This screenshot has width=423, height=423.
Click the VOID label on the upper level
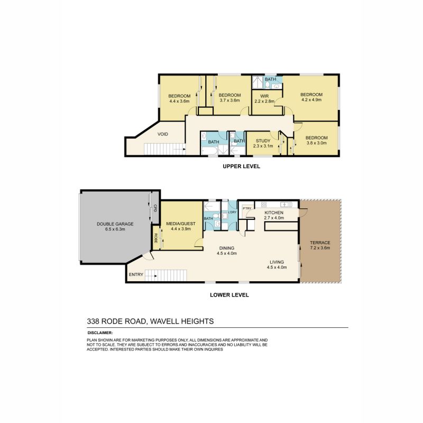[x=163, y=134]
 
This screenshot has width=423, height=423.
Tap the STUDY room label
[x=262, y=141]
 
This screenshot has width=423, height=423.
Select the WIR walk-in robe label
[x=265, y=96]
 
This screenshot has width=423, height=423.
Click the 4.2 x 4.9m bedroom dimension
[x=311, y=100]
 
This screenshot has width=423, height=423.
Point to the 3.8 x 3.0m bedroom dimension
[x=317, y=143]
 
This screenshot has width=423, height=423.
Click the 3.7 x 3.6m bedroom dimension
[x=229, y=100]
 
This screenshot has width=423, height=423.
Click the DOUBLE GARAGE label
[x=115, y=224]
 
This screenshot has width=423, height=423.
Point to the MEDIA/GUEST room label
[x=181, y=224]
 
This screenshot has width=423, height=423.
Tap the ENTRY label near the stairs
[x=135, y=274]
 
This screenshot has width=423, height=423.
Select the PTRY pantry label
[x=246, y=208]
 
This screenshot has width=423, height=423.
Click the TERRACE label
[x=320, y=243]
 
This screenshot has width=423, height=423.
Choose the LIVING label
[x=277, y=262]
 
